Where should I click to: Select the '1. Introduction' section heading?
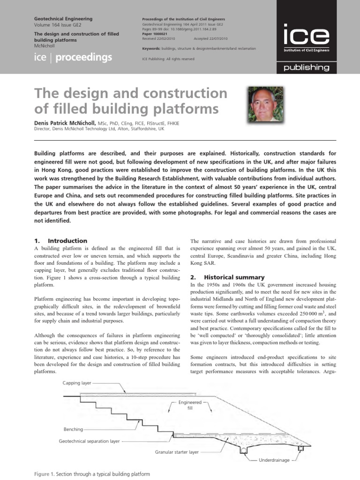(x=61, y=240)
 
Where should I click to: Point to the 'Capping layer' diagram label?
(x=77, y=383)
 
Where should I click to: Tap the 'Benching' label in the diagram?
(x=73, y=429)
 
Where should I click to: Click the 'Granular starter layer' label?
(x=177, y=452)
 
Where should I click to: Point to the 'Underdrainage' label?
(x=274, y=460)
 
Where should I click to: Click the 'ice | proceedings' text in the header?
(x=74, y=58)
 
